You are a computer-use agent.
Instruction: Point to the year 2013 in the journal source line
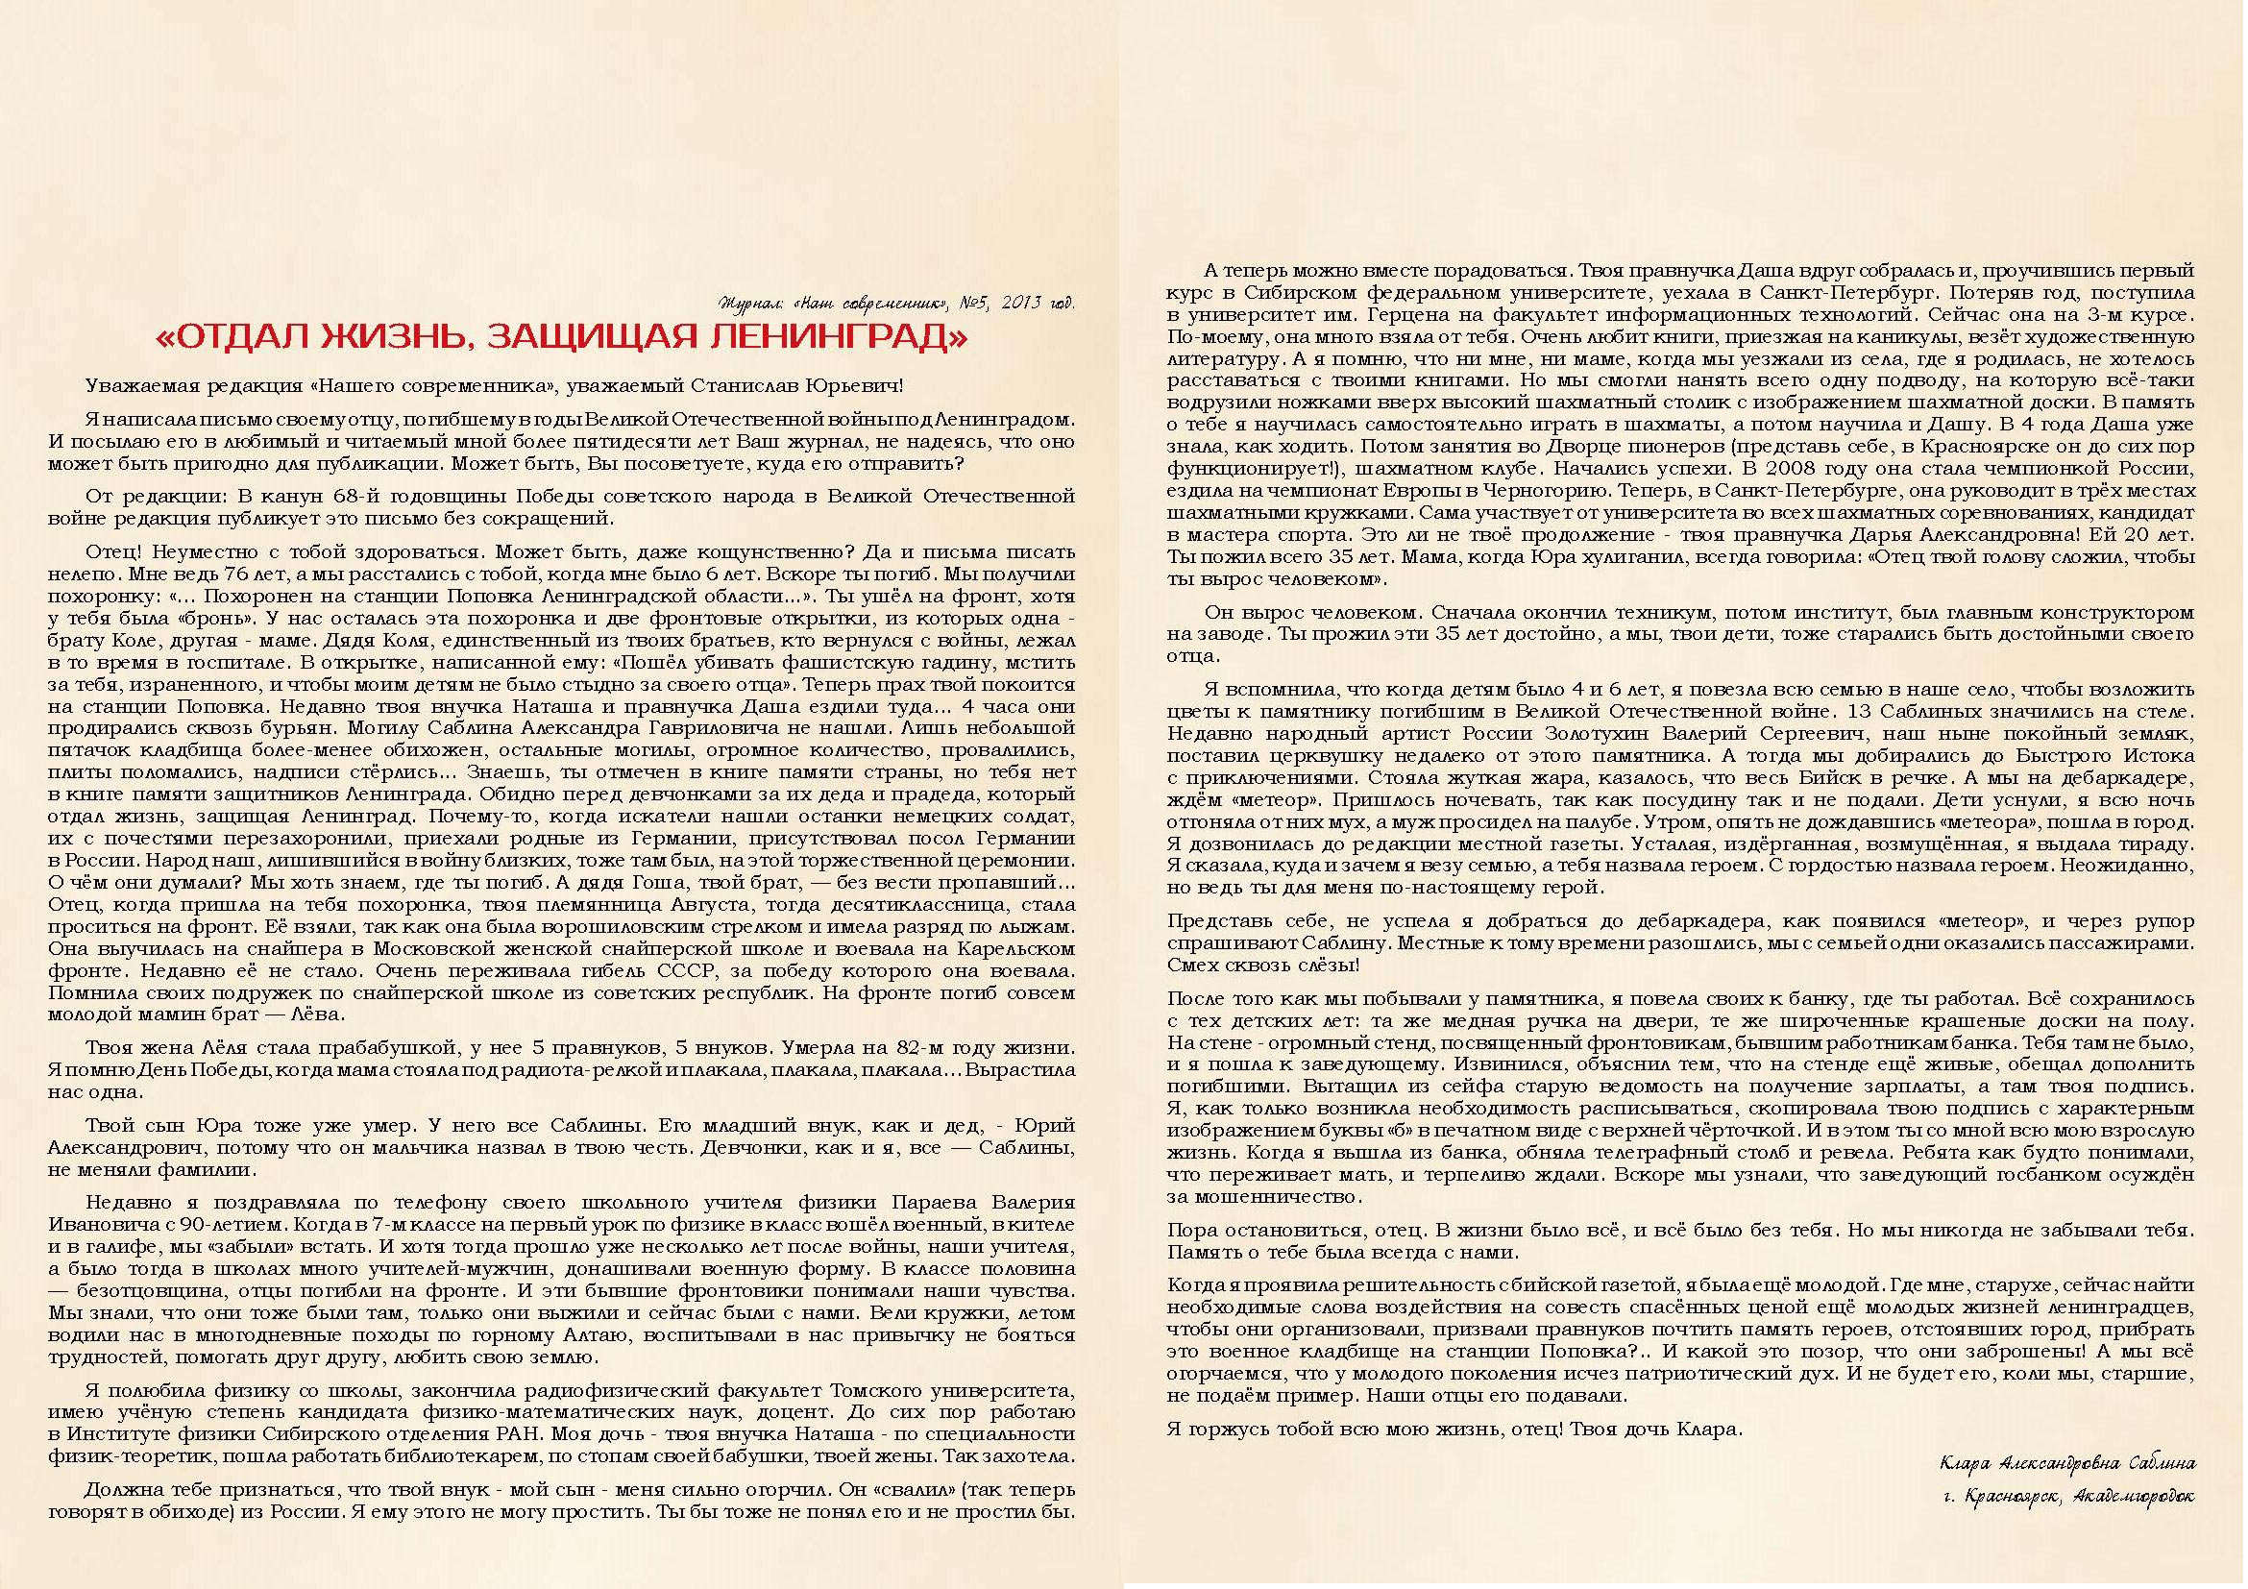[x=1017, y=303]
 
